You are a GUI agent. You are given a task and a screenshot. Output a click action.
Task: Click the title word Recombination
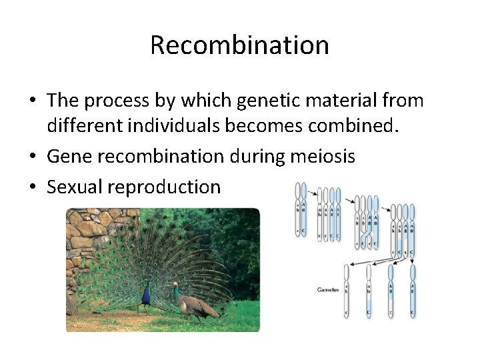click(x=239, y=45)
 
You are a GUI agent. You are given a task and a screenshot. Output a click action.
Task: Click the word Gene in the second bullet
click(x=69, y=157)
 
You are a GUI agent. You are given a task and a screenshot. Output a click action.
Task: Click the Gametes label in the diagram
click(x=327, y=289)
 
